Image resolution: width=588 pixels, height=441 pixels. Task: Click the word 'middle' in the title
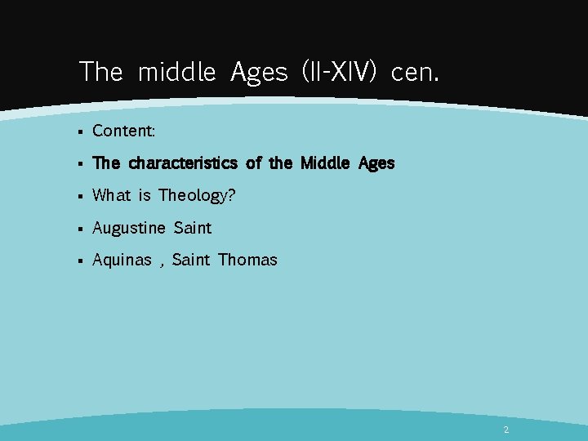point(176,72)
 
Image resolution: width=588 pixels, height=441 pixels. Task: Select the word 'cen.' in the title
point(415,73)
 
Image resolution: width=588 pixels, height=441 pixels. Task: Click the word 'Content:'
point(124,131)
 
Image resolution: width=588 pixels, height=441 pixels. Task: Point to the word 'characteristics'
point(183,163)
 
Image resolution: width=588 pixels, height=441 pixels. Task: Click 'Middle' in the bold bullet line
point(324,163)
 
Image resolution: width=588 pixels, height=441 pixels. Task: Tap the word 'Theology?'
point(197,195)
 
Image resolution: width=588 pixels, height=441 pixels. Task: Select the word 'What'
point(111,195)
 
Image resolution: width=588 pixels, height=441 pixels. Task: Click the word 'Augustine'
point(128,228)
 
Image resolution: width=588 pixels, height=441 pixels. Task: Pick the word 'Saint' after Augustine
point(193,228)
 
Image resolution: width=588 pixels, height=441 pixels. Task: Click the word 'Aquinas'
point(122,261)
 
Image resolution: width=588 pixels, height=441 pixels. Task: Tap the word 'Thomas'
point(247,261)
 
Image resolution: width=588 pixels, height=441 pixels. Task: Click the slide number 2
point(506,430)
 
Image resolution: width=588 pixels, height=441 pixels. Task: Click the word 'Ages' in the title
point(259,73)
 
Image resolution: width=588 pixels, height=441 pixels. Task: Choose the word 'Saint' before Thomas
point(191,261)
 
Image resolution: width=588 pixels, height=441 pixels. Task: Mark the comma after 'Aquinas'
point(162,264)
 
